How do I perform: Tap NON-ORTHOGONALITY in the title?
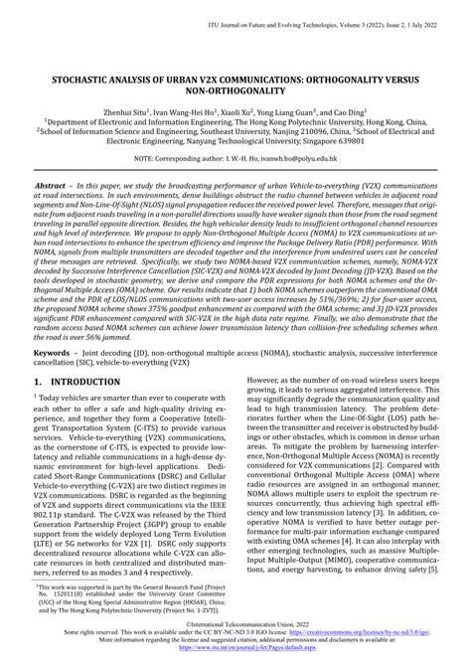[235, 89]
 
